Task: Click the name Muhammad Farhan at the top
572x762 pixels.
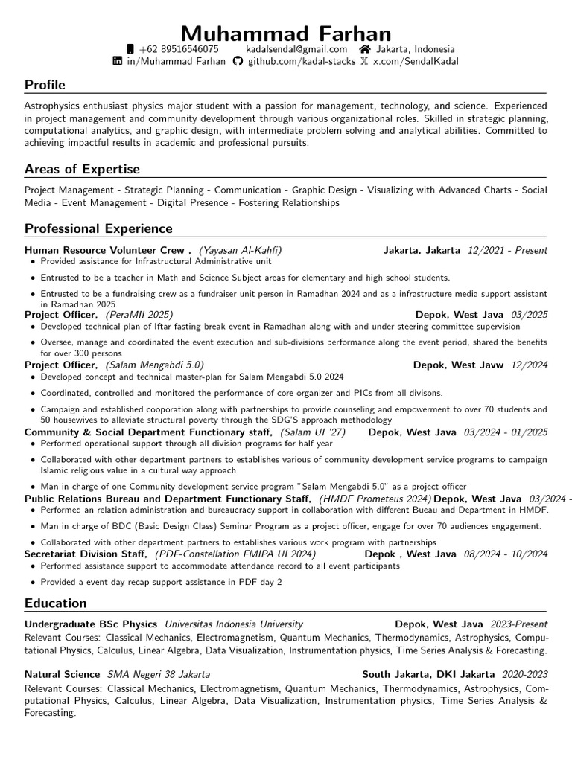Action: [285, 33]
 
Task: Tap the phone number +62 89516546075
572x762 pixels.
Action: [179, 49]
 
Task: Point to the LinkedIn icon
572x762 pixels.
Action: [117, 62]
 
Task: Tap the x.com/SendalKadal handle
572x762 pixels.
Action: [416, 62]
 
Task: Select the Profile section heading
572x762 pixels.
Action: [45, 85]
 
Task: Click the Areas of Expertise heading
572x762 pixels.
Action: [82, 169]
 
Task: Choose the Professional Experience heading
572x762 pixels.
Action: [98, 228]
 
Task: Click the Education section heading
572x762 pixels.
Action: [56, 603]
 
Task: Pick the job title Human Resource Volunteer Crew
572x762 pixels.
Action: [106, 251]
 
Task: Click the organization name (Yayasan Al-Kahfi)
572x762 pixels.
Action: [240, 251]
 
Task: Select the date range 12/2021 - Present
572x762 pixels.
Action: [507, 251]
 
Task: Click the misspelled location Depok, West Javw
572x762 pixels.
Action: [458, 365]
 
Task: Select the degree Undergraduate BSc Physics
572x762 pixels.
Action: [91, 624]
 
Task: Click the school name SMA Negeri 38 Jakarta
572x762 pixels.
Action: [159, 674]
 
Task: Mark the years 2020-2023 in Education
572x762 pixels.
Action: [524, 674]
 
